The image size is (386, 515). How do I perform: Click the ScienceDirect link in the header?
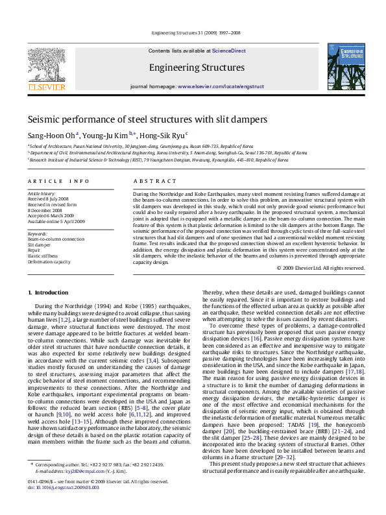[x=228, y=50]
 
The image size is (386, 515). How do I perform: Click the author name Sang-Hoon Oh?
[x=51, y=135]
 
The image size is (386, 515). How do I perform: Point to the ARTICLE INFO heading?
[x=58, y=181]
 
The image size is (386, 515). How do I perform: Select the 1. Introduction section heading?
[x=49, y=293]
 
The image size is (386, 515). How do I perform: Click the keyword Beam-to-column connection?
[x=56, y=239]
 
